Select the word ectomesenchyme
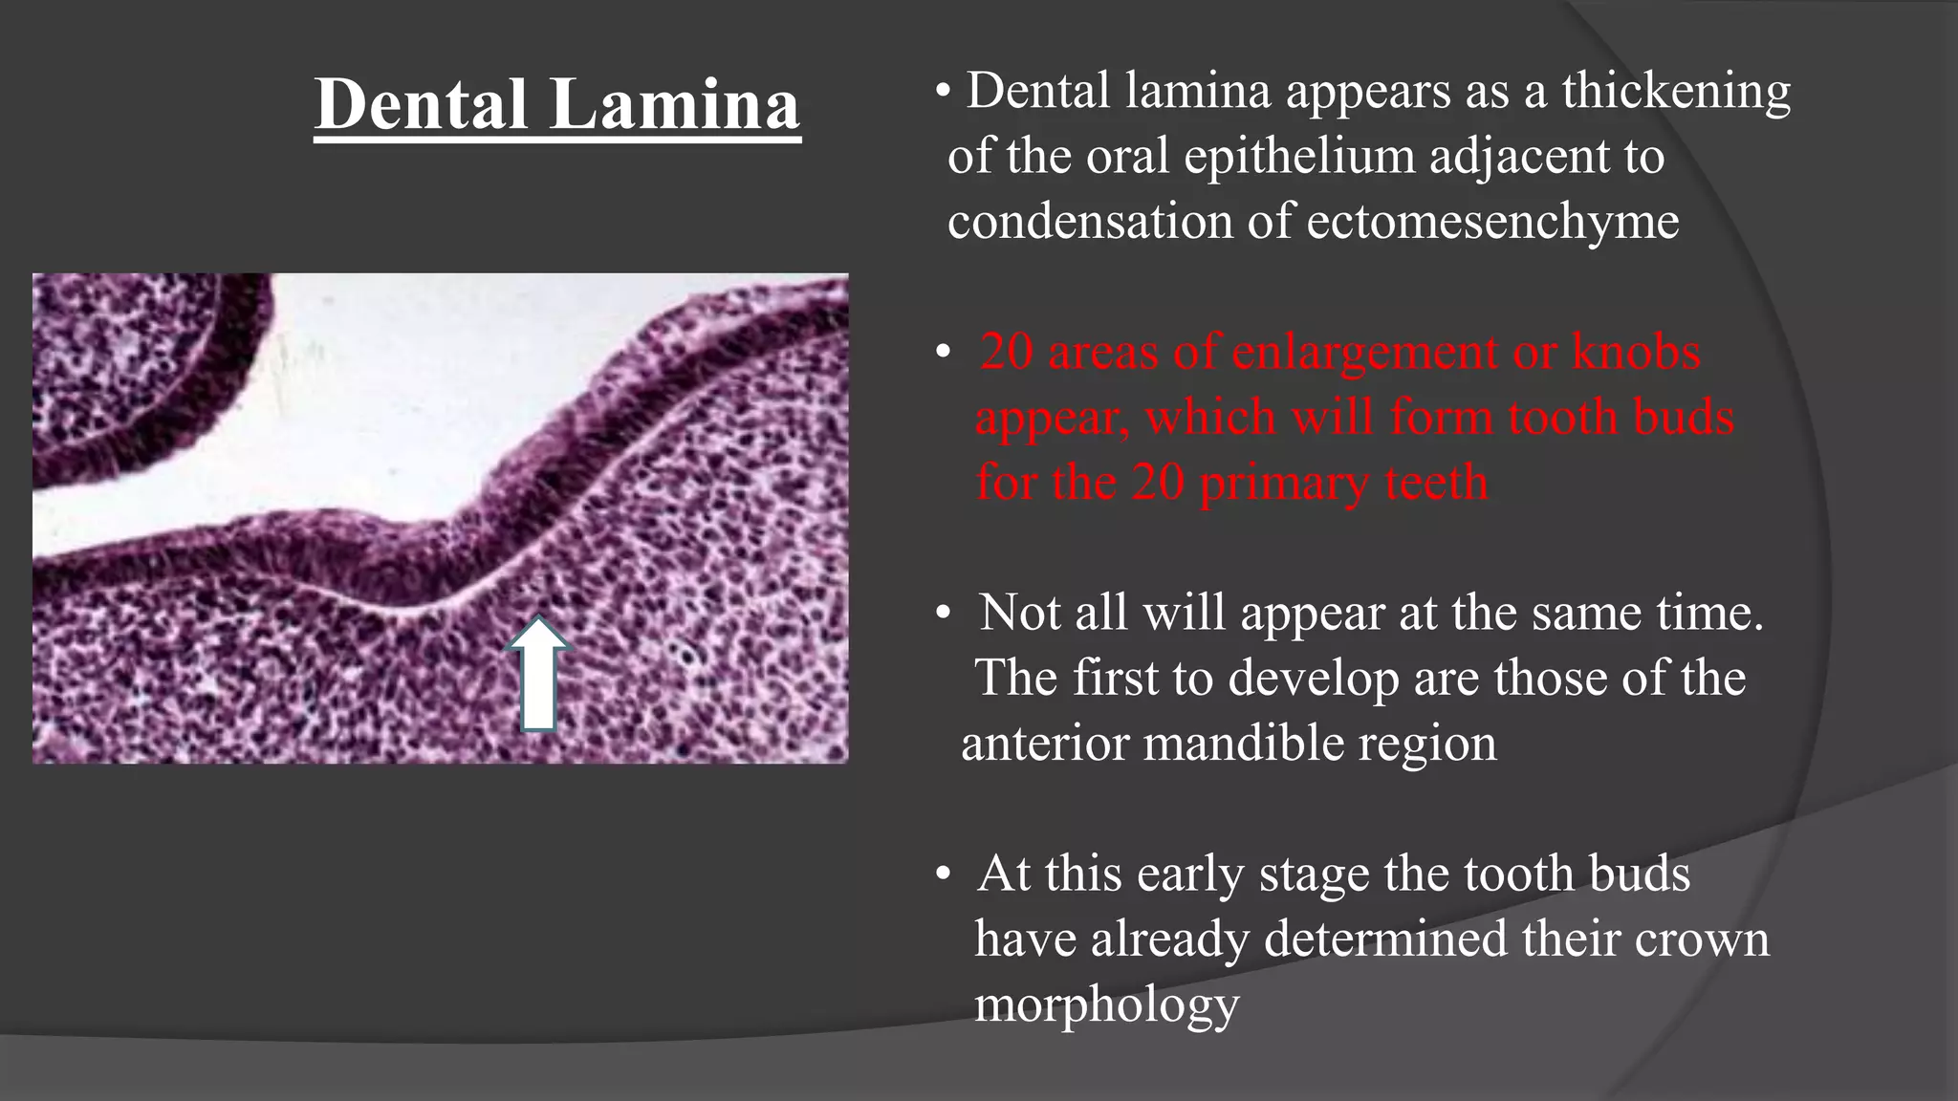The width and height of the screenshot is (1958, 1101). (x=1492, y=223)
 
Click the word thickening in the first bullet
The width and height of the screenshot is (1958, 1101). (x=1676, y=93)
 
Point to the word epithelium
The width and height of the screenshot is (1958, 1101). (x=1299, y=158)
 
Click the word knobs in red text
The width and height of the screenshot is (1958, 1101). (x=1636, y=353)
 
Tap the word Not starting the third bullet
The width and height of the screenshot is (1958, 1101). (x=1020, y=613)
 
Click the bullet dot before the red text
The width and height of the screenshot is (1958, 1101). (x=944, y=354)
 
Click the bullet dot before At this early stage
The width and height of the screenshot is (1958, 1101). (x=944, y=874)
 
